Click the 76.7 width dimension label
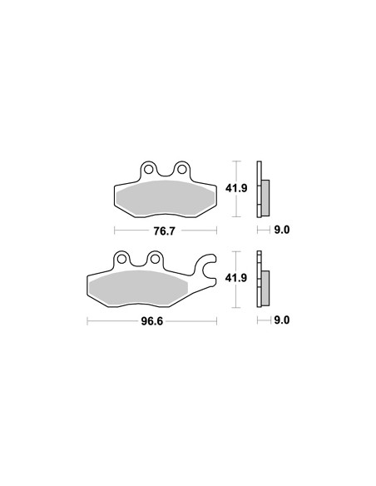(x=165, y=231)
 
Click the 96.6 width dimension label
(x=151, y=321)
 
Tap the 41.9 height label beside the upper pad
(x=236, y=188)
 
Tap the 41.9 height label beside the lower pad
(x=236, y=278)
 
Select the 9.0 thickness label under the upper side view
(x=282, y=230)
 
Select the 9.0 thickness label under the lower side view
(x=282, y=320)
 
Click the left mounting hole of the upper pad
(x=149, y=170)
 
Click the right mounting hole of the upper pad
(x=181, y=169)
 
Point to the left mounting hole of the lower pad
(x=122, y=259)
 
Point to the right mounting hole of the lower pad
(x=155, y=259)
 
